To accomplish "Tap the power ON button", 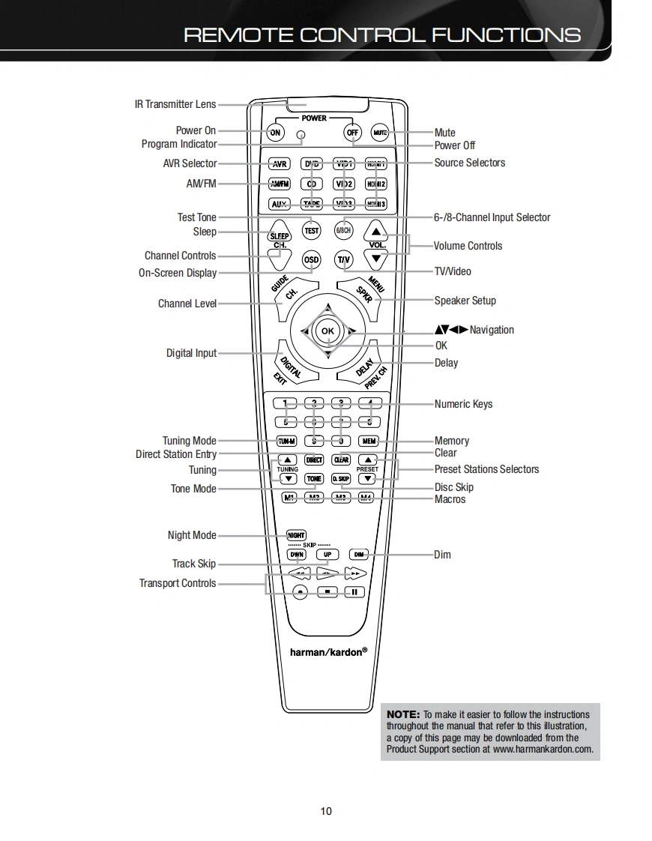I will tap(276, 133).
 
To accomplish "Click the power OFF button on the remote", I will tap(352, 133).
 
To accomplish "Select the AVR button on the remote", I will tap(280, 164).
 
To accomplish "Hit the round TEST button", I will tap(312, 231).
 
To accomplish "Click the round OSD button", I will tap(311, 260).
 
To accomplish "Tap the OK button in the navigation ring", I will tap(327, 331).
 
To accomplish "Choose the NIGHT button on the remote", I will tap(297, 535).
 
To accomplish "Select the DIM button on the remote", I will tap(359, 555).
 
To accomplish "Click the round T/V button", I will tap(343, 260).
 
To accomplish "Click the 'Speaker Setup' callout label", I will tap(465, 301).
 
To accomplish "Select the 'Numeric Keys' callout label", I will tap(463, 404).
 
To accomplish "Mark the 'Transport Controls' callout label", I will tap(178, 583).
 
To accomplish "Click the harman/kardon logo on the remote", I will tap(328, 652).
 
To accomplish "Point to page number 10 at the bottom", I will tap(325, 811).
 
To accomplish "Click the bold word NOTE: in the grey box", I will tap(403, 714).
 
